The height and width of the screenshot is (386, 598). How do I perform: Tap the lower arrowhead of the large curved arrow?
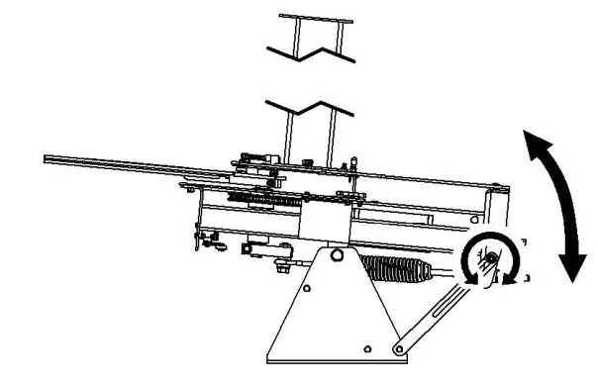click(x=571, y=268)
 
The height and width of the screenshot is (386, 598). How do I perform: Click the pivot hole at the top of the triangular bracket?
click(x=337, y=254)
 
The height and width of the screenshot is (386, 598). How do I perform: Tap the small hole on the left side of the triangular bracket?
click(x=307, y=290)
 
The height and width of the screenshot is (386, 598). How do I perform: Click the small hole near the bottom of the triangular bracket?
click(x=367, y=349)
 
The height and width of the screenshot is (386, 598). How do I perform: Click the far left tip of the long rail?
click(x=47, y=157)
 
